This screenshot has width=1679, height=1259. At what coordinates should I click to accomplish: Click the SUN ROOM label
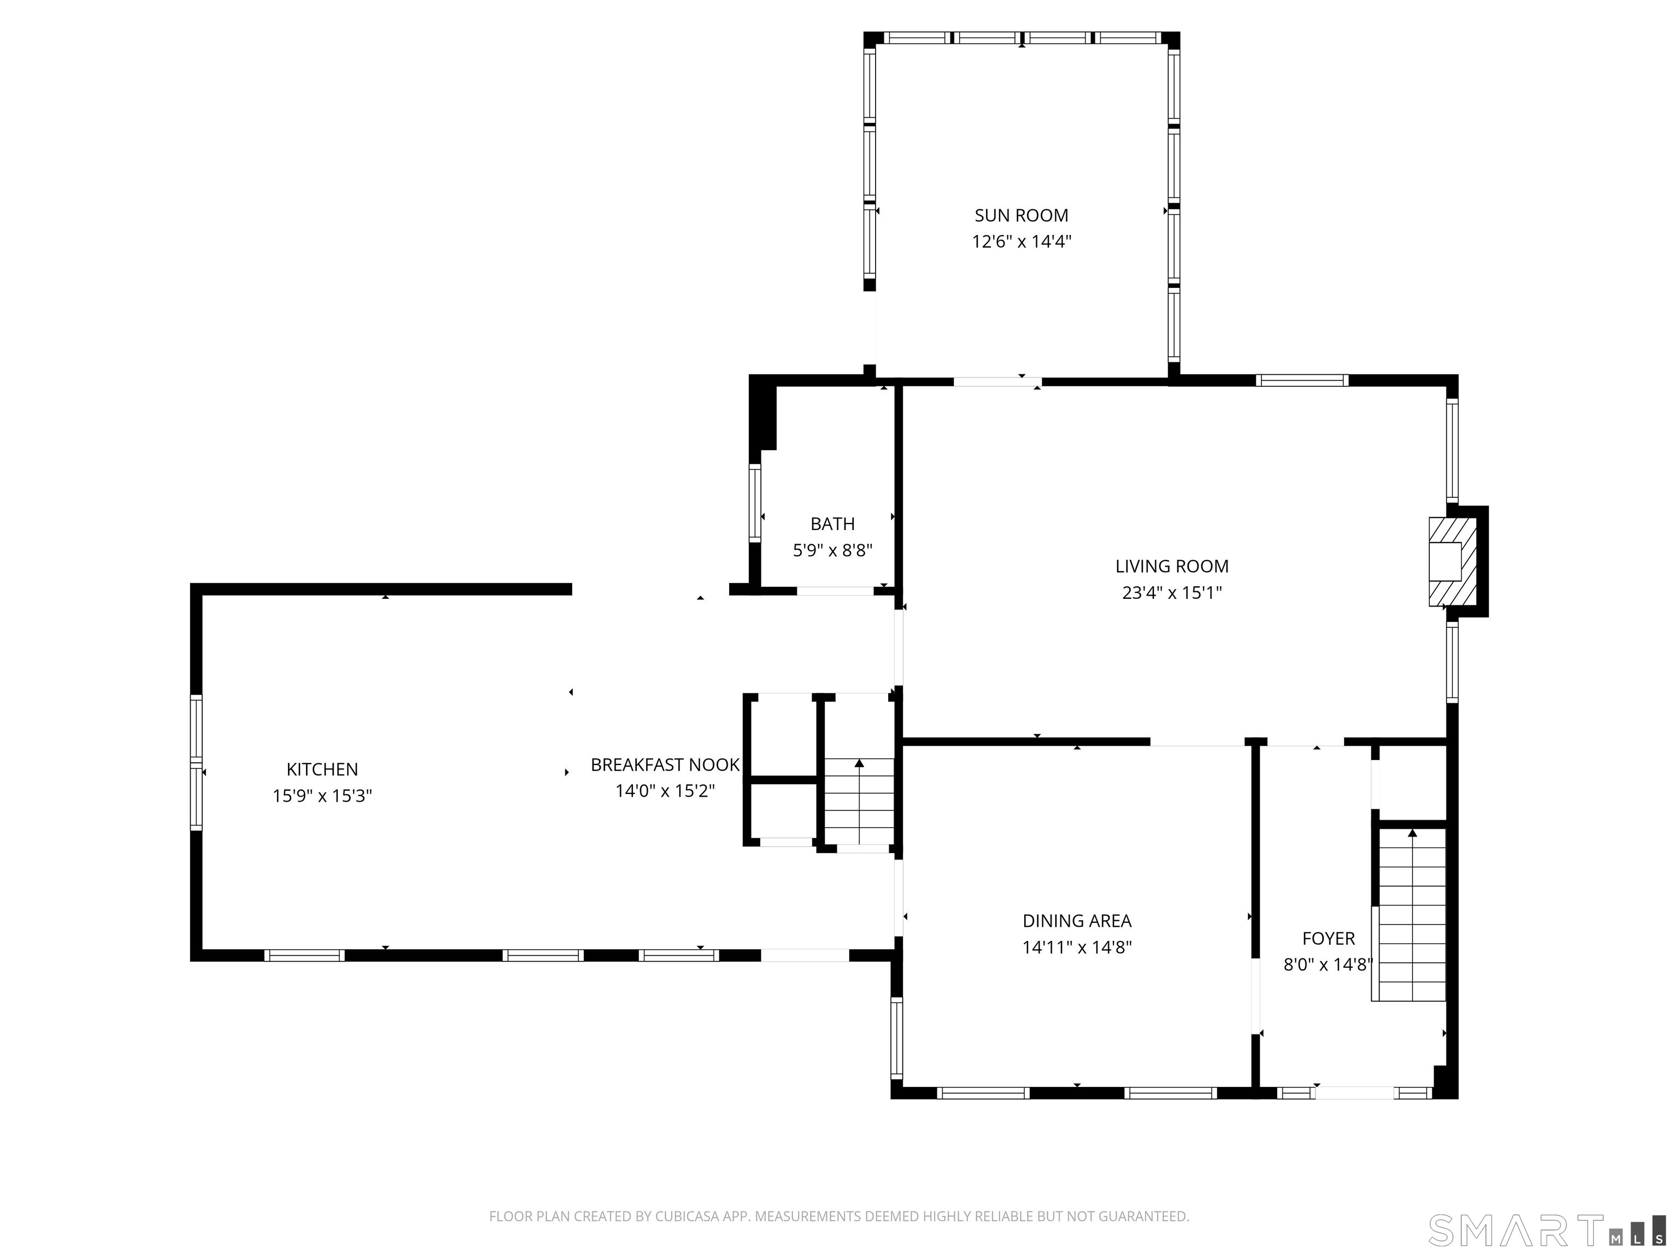1021,215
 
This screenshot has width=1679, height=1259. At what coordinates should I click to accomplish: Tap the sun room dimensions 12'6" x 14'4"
1022,242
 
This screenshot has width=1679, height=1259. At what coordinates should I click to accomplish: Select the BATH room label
833,523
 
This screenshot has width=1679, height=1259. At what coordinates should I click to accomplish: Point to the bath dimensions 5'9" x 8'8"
833,550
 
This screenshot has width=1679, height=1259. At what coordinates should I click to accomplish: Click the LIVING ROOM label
1172,566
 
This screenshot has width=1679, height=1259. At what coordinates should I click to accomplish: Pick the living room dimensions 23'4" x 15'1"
1172,593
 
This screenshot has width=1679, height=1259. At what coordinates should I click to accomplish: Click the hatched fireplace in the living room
1452,562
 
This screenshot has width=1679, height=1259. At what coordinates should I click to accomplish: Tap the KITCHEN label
322,769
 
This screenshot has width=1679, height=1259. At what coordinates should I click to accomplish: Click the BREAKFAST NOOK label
665,765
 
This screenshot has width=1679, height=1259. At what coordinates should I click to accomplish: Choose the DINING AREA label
1077,921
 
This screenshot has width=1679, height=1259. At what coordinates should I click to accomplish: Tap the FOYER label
1328,939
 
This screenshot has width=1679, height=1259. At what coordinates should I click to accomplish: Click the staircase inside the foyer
1411,914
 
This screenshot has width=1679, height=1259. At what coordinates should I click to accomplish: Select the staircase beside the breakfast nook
859,802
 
